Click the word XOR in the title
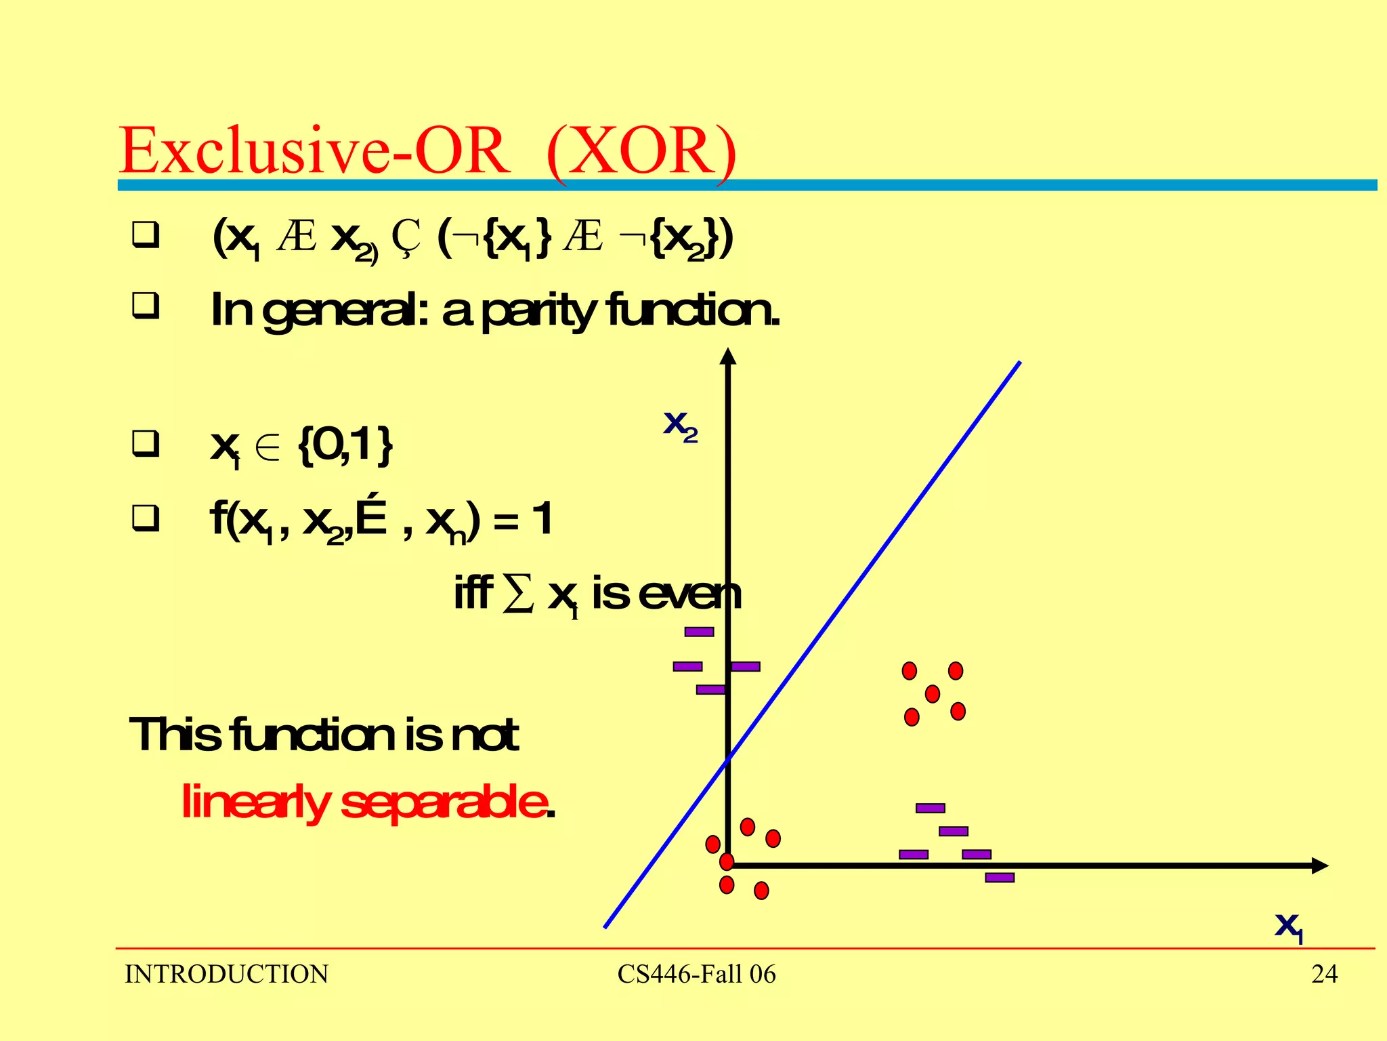[x=641, y=150]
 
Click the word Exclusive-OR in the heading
[x=315, y=150]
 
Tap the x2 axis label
[x=680, y=426]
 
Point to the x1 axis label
[x=1288, y=926]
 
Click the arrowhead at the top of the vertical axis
[x=728, y=356]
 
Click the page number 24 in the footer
[x=1324, y=974]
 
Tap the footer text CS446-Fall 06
[x=696, y=974]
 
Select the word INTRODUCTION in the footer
[x=226, y=974]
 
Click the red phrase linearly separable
[x=366, y=802]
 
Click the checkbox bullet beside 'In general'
[x=146, y=306]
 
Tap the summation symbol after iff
[x=518, y=594]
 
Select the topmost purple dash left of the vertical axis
[x=699, y=632]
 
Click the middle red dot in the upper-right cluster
[x=933, y=693]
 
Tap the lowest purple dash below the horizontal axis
[x=1000, y=878]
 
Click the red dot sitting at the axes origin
[x=727, y=862]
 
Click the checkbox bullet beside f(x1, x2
[x=146, y=518]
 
